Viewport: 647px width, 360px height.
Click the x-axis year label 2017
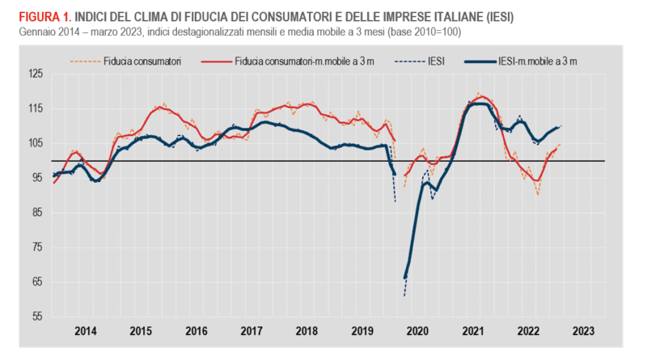(x=252, y=332)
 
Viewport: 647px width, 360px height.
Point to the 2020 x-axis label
(x=417, y=332)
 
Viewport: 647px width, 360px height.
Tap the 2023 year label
(x=583, y=332)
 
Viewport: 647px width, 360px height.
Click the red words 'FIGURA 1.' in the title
(x=36, y=16)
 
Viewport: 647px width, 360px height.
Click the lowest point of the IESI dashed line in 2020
(x=404, y=296)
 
